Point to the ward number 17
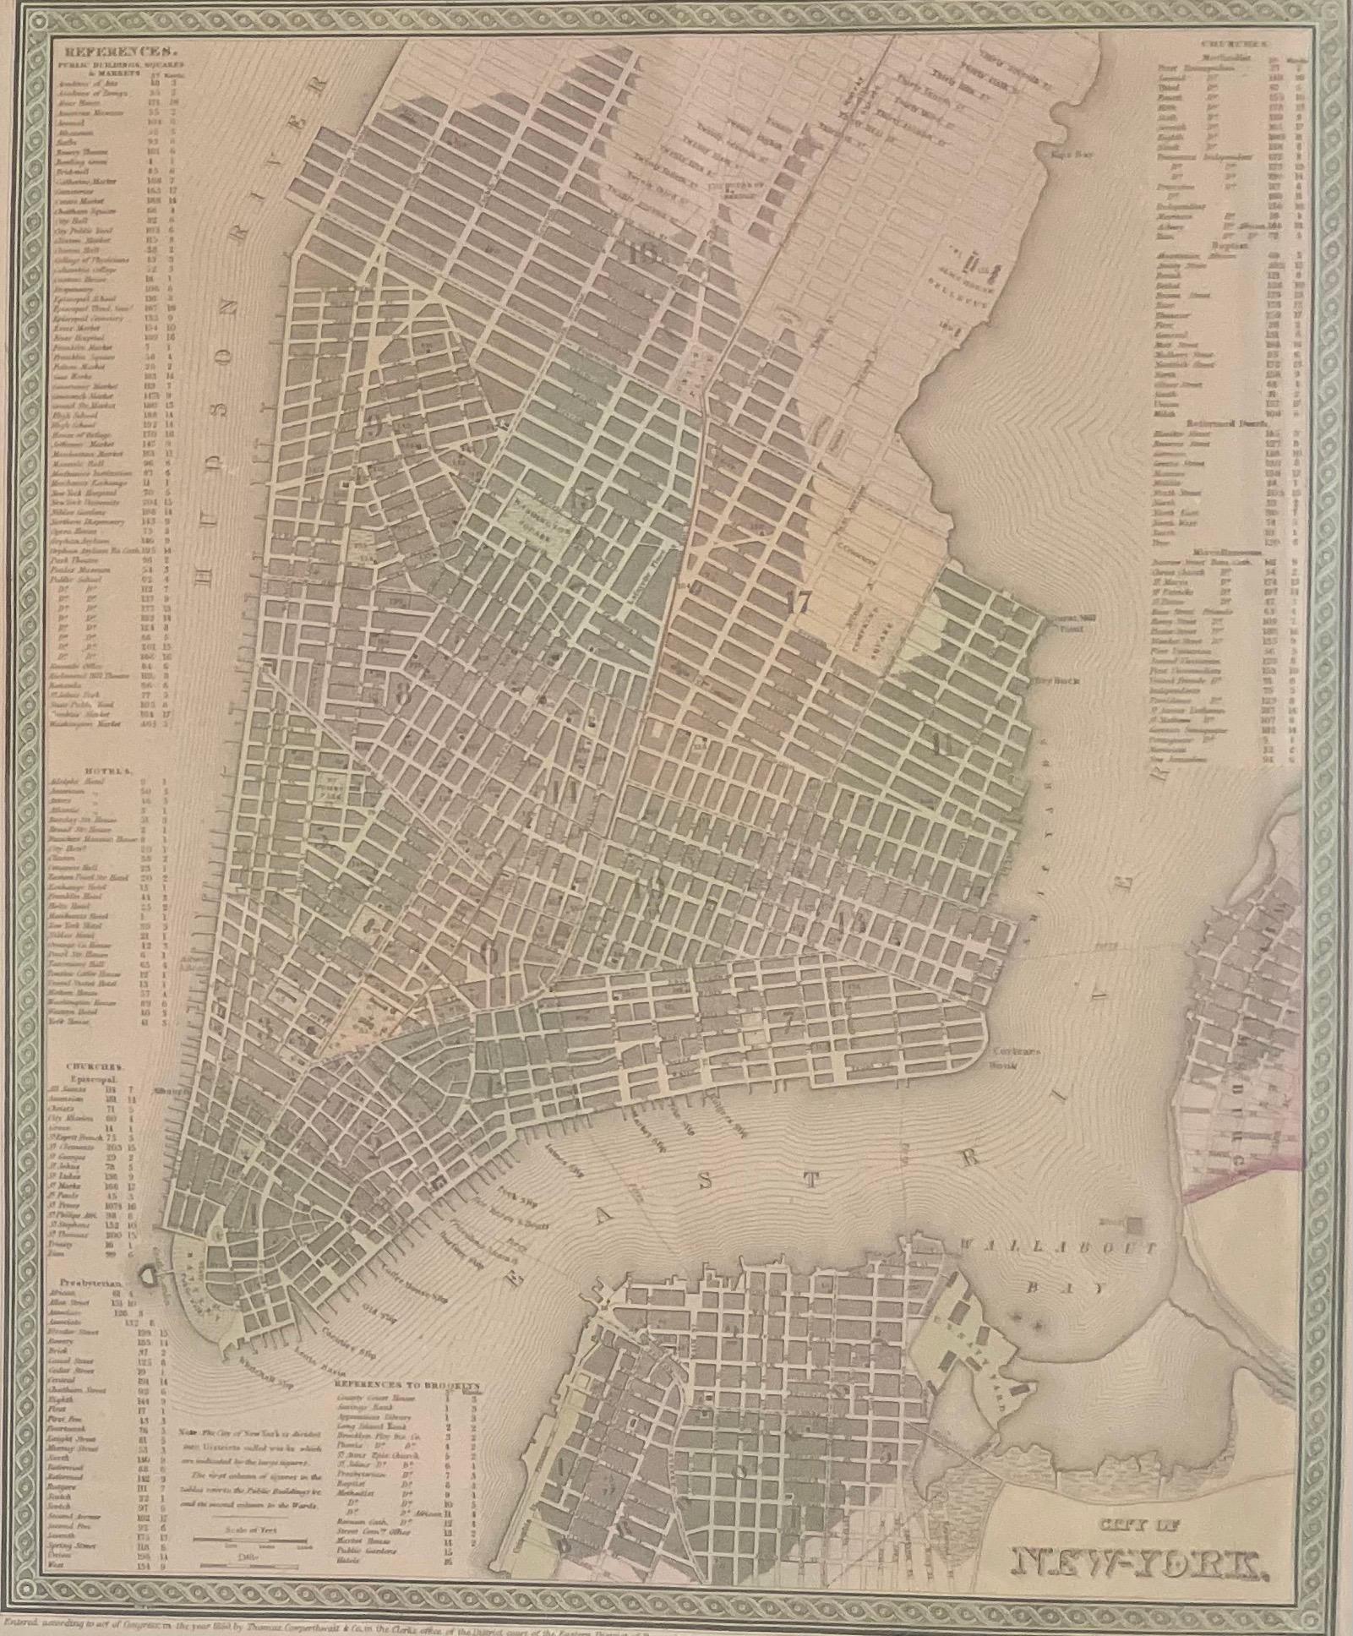[x=796, y=603]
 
